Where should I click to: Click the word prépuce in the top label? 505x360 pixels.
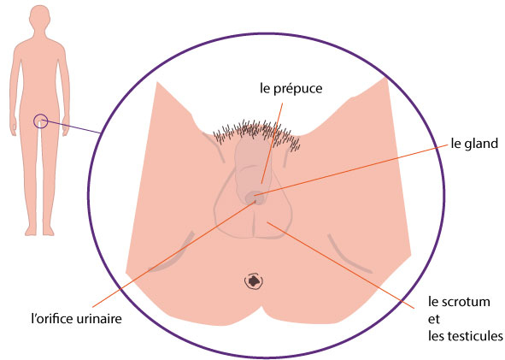pyautogui.click(x=298, y=89)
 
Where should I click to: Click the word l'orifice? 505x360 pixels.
pyautogui.click(x=53, y=319)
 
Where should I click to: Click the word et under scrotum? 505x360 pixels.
pyautogui.click(x=434, y=320)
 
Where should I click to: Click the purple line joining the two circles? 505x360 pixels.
pyautogui.click(x=72, y=127)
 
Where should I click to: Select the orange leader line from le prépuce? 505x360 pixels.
pyautogui.click(x=272, y=143)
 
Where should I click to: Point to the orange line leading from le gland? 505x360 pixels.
pyautogui.click(x=351, y=170)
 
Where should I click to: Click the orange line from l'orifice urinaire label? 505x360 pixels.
pyautogui.click(x=174, y=253)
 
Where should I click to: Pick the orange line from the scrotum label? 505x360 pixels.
pyautogui.click(x=340, y=265)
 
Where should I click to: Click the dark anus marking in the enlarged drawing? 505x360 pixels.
pyautogui.click(x=255, y=281)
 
